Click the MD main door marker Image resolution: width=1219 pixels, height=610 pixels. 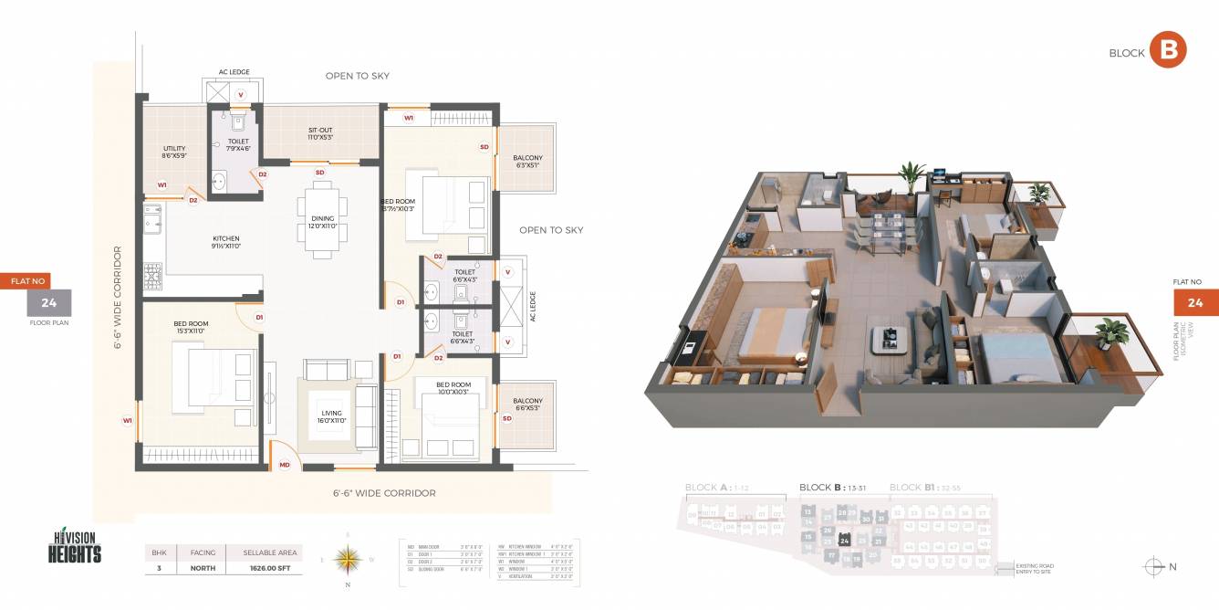pos(285,465)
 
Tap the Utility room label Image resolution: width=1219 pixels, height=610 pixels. pos(174,152)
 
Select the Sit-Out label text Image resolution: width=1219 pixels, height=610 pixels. pos(320,134)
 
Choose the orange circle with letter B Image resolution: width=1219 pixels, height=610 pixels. pos(1167,51)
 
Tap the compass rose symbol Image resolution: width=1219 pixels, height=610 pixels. pos(347,557)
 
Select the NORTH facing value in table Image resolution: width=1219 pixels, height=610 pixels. pos(203,568)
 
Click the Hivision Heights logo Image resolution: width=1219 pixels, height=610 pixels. pos(75,548)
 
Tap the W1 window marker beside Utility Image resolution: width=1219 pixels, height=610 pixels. pos(161,185)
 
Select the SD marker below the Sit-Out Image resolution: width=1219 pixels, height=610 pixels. pos(319,173)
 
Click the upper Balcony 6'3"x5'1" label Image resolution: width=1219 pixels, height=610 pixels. pos(527,162)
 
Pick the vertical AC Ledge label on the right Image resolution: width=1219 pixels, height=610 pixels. pos(533,307)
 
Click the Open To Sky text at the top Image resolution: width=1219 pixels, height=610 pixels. pos(358,76)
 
